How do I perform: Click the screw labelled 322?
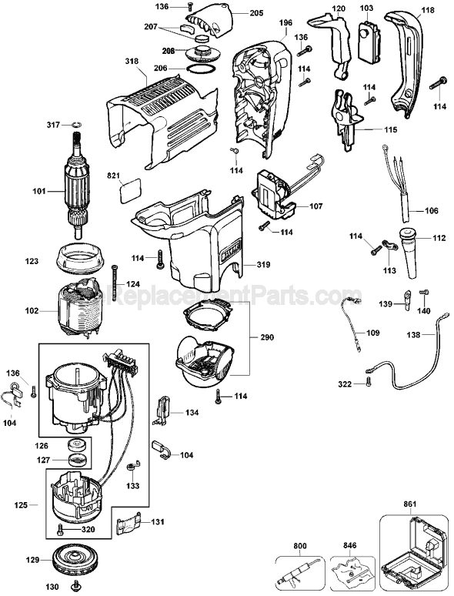click(x=370, y=382)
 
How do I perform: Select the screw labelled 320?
click(x=62, y=529)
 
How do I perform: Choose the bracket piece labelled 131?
click(x=128, y=526)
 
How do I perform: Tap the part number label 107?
click(x=316, y=207)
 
